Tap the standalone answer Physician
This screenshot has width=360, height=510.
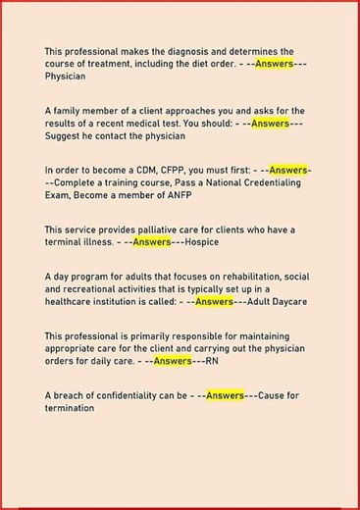(66, 76)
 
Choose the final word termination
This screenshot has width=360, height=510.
(70, 408)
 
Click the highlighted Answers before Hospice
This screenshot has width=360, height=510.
(152, 241)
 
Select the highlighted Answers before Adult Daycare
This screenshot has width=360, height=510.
(214, 301)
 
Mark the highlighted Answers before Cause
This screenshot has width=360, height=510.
(226, 396)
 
